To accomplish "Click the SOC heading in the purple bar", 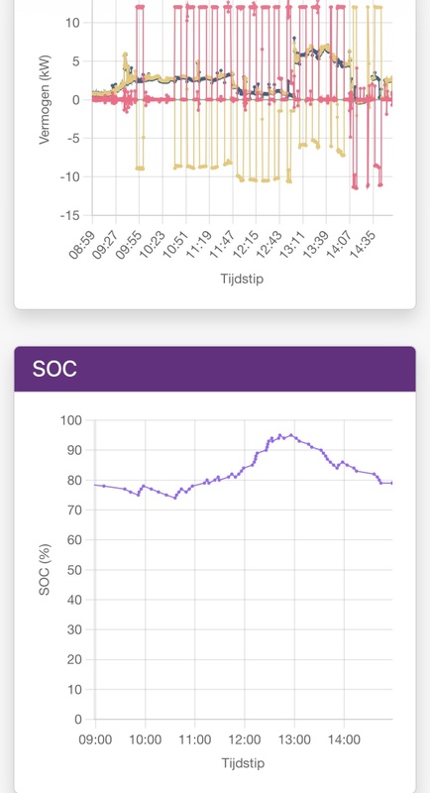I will tap(54, 370).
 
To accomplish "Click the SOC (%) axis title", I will tap(45, 569).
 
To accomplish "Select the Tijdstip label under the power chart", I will tap(242, 280).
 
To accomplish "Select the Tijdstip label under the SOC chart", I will tap(243, 764).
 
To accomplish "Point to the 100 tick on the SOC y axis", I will tap(70, 420).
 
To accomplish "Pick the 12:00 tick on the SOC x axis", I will tap(244, 739).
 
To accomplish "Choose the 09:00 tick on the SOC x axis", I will tap(95, 739).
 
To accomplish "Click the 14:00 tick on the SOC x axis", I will tap(343, 739).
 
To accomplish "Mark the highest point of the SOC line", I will tap(280, 434).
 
